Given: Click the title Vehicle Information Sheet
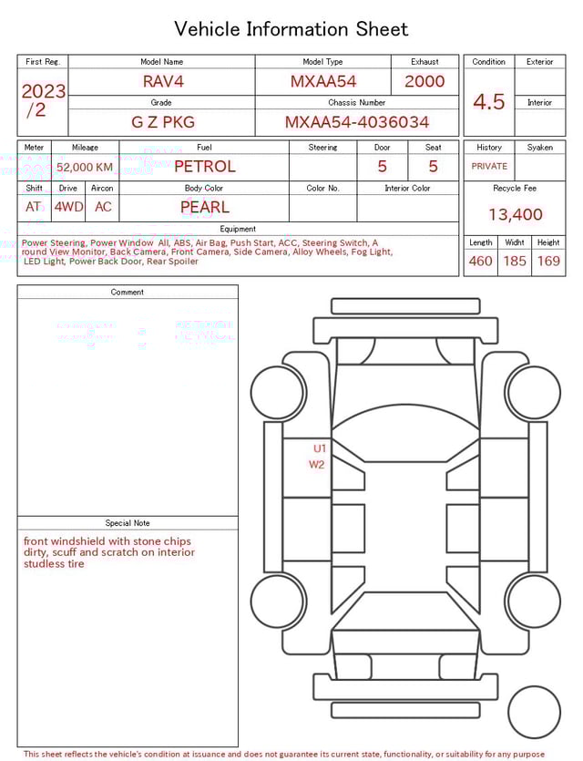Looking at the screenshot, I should coord(291,29).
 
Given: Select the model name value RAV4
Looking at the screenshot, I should coord(163,81).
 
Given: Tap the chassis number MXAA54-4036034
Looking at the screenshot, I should coord(357,122).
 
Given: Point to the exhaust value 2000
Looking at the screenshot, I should coord(424,81).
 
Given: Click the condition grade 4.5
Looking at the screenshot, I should coord(489,102).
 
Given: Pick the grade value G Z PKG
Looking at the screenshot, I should coord(163,122).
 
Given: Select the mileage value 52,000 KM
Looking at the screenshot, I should coord(85,167).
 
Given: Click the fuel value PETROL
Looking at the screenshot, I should coord(204,166).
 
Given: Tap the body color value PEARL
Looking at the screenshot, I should coord(204,207).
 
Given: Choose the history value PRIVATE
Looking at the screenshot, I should coord(489,166).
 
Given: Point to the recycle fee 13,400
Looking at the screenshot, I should coord(515,214).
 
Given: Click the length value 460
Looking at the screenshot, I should coord(480,262).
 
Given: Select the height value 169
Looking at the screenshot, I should coord(548,262).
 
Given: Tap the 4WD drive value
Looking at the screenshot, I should coord(68,207).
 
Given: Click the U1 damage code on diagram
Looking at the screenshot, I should coord(320,447).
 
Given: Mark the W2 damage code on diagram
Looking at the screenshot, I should coord(317,464).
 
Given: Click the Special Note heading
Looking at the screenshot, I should coord(128,523).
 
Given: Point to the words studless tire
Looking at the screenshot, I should coord(54,563).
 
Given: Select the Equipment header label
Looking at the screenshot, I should coord(238,229).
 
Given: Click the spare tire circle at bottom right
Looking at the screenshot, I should coord(535,712).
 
